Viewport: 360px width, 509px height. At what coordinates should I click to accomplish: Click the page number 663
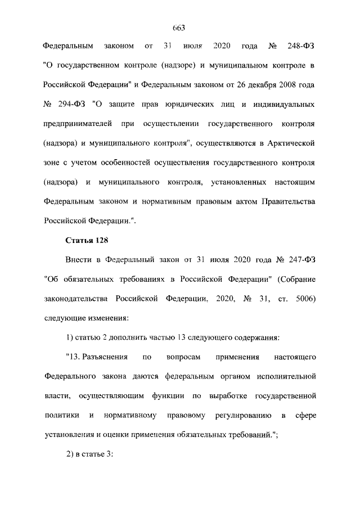[179, 28]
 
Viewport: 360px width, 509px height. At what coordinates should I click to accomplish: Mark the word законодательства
[75, 298]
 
